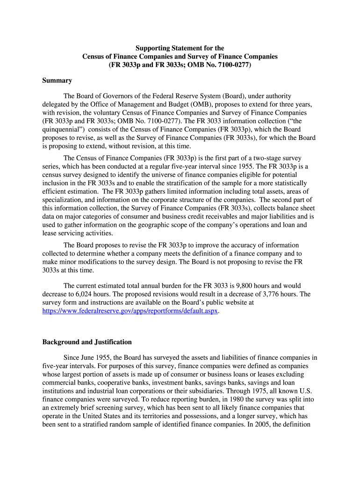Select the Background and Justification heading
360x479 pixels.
(x=87, y=342)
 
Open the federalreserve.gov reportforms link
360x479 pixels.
(x=130, y=311)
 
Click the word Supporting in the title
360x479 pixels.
(x=152, y=48)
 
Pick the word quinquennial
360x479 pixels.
(x=61, y=130)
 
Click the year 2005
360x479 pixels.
(x=276, y=425)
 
